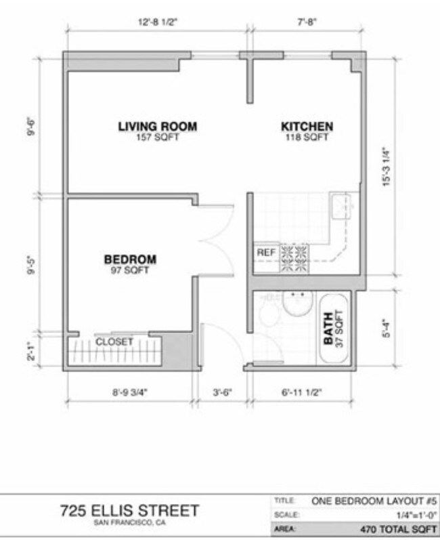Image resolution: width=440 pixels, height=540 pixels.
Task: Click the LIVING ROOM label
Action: pyautogui.click(x=157, y=126)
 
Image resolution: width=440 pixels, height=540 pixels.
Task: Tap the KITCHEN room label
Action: pyautogui.click(x=307, y=126)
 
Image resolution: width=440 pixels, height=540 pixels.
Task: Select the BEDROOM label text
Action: pyautogui.click(x=130, y=259)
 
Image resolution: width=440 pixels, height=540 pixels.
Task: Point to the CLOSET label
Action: pyautogui.click(x=114, y=341)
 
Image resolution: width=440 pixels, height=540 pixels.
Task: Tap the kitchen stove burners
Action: pyautogui.click(x=293, y=258)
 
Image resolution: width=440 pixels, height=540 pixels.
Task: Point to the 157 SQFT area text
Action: pyautogui.click(x=157, y=138)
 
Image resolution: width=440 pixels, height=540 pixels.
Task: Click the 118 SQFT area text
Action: pyautogui.click(x=307, y=138)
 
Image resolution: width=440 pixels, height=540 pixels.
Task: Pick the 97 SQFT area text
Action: pyautogui.click(x=130, y=270)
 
